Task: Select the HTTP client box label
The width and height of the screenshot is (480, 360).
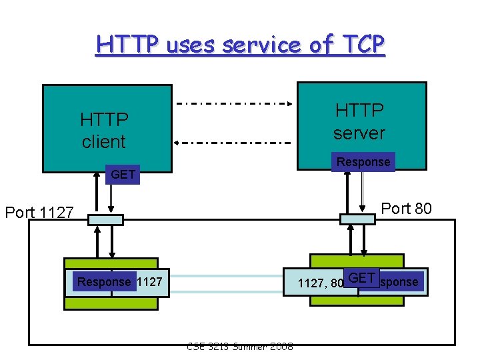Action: (x=104, y=131)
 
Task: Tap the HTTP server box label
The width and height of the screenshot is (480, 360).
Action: (x=359, y=121)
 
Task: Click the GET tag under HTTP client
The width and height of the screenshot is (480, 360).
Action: (x=123, y=175)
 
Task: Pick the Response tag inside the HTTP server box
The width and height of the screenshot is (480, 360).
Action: (x=363, y=162)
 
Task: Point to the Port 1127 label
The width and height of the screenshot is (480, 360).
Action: (x=39, y=213)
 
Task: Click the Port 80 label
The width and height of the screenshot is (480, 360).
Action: (x=406, y=209)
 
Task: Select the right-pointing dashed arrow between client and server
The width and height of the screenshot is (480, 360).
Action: (x=233, y=104)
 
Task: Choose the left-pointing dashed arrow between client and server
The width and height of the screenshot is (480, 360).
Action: (x=233, y=143)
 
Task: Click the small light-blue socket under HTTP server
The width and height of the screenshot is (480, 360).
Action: (x=357, y=218)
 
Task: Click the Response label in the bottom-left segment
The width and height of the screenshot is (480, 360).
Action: (x=104, y=282)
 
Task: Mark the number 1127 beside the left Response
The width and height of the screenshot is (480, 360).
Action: (x=149, y=282)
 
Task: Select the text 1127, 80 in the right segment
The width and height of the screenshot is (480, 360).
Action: (x=320, y=283)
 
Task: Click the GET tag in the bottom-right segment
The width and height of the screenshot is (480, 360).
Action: (x=362, y=278)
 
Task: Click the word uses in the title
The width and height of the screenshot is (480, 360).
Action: (x=191, y=45)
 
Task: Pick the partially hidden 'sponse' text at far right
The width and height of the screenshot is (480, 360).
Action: (x=400, y=282)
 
